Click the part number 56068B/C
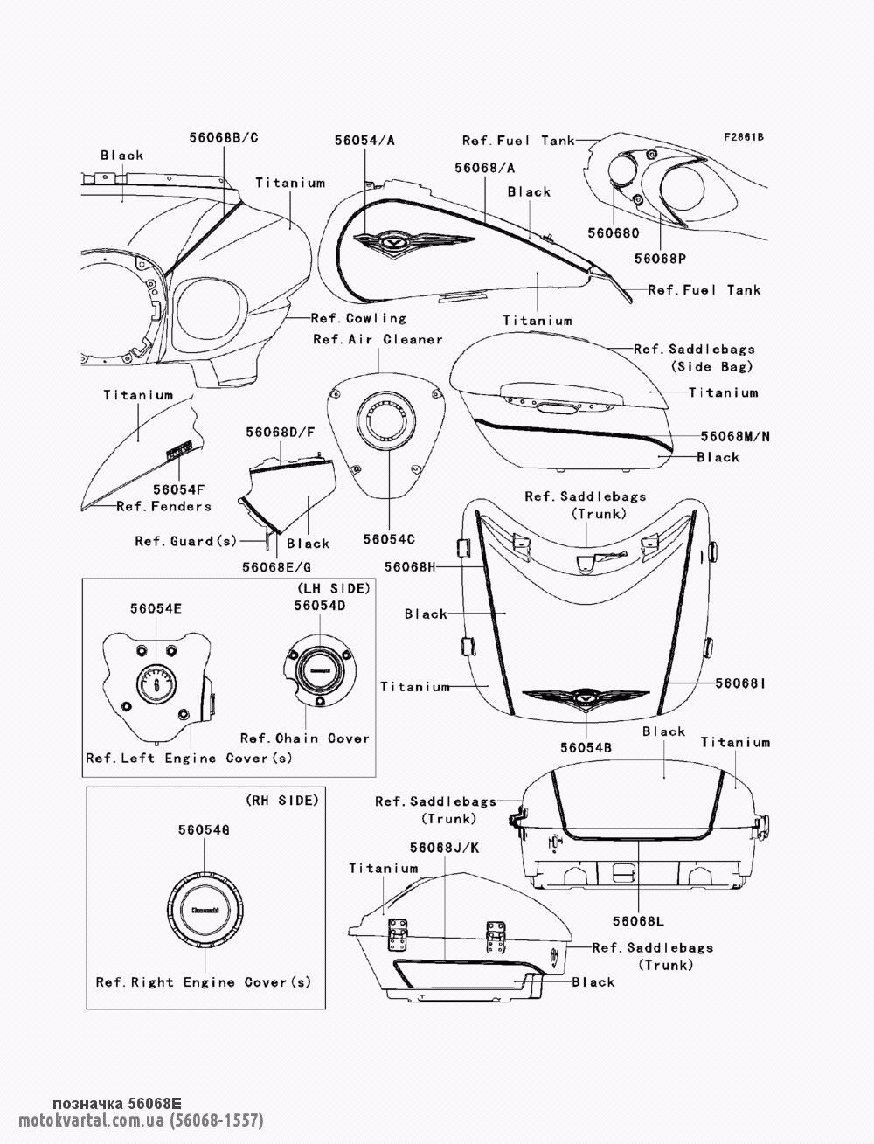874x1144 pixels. [x=223, y=137]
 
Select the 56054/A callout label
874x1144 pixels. [x=364, y=140]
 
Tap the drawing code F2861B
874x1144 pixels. [x=744, y=137]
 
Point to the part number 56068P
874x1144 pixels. [x=660, y=258]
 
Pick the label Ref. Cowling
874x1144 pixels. [x=358, y=318]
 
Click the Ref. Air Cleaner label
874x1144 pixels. [x=378, y=339]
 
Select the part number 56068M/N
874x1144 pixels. [x=735, y=436]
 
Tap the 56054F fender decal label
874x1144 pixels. [x=178, y=489]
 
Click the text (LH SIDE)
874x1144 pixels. [x=334, y=588]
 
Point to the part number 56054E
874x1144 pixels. [x=156, y=608]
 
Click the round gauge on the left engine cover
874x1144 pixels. [x=156, y=683]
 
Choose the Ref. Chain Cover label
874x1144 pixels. [x=305, y=738]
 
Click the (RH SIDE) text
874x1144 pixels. [x=282, y=800]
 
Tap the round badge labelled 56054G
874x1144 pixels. [x=205, y=910]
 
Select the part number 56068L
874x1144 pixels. [x=638, y=921]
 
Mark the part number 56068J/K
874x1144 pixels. [x=444, y=848]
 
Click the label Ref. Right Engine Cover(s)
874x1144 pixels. [x=204, y=982]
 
